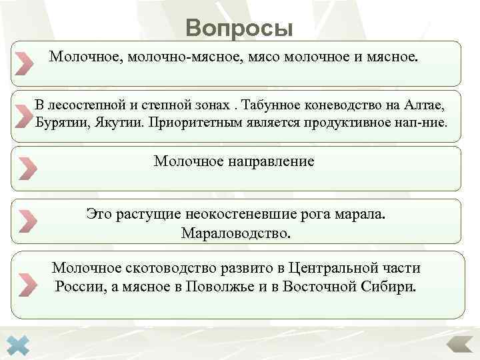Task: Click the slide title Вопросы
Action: [239, 28]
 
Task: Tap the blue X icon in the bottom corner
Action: [21, 345]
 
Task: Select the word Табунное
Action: [273, 106]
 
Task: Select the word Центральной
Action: [331, 268]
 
